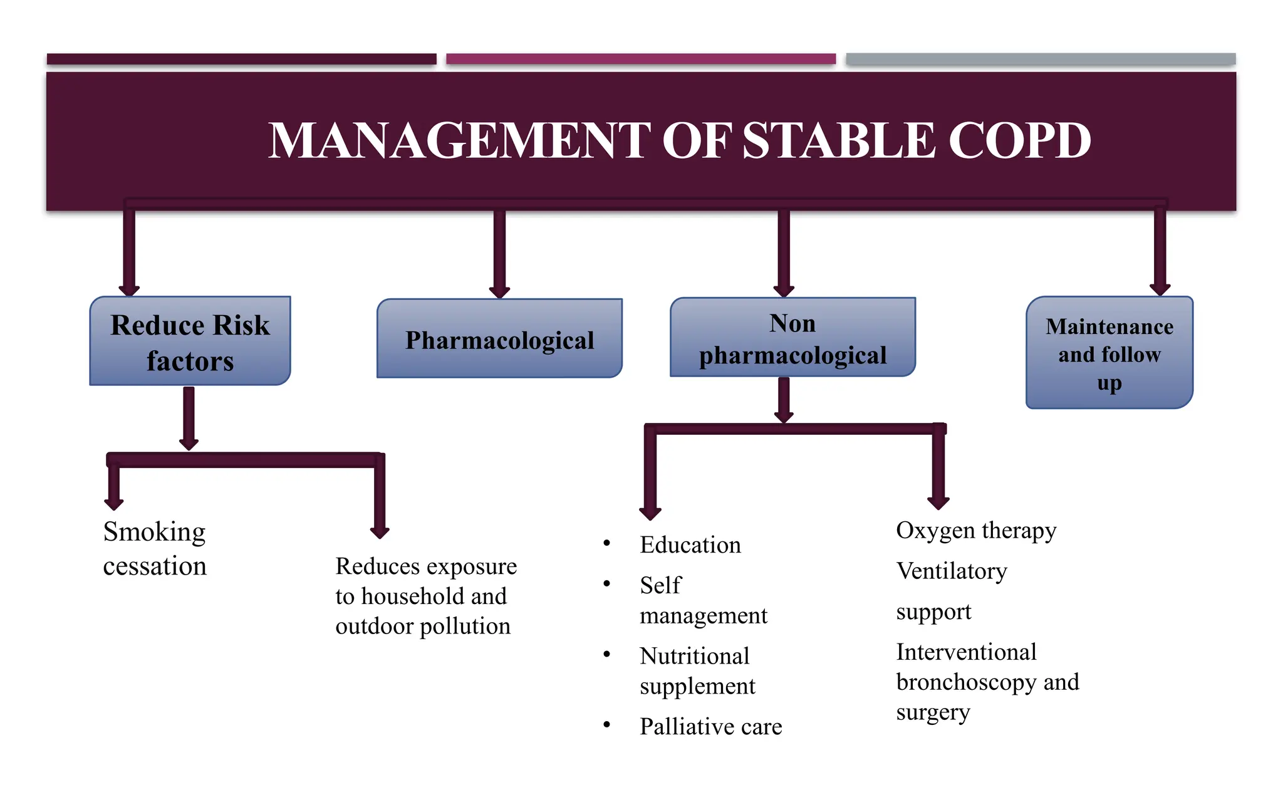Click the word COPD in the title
point(1019,140)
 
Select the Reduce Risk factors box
point(190,341)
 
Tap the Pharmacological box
point(499,340)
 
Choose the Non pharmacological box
point(792,339)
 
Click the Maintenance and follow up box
point(1109,353)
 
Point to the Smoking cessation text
point(154,549)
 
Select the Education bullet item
point(690,544)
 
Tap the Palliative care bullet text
point(710,726)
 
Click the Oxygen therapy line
point(975,530)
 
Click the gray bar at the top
point(1040,59)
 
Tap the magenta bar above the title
point(640,59)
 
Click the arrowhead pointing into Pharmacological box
point(499,291)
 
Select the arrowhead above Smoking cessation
point(113,504)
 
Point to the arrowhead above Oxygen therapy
point(938,503)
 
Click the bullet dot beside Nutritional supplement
point(606,655)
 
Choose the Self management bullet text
point(702,600)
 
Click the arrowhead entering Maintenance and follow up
point(1160,289)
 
